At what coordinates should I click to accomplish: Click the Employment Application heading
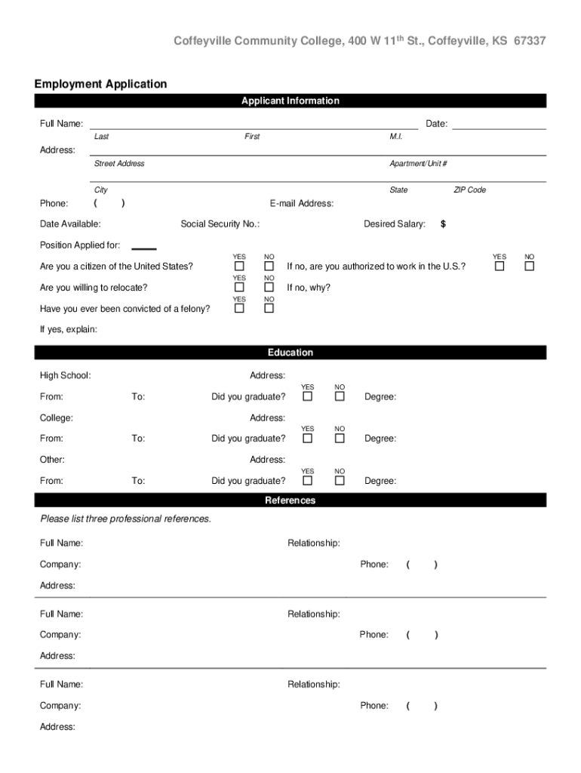100,84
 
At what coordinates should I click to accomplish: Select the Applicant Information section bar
290,101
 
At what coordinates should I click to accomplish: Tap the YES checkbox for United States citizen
239,266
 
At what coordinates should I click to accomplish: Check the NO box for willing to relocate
269,288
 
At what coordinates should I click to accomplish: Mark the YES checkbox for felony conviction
239,308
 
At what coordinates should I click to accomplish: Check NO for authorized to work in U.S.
529,266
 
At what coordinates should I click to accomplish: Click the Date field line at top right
499,124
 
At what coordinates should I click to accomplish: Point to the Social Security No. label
220,224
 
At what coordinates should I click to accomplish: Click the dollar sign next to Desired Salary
443,224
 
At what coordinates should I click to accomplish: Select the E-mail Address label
302,204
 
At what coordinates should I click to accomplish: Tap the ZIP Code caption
469,190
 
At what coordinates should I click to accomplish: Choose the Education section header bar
290,353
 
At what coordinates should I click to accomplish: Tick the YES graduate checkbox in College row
308,439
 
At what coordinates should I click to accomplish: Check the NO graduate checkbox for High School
340,396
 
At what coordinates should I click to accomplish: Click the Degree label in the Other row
380,481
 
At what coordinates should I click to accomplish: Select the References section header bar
290,500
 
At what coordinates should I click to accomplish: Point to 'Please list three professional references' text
126,519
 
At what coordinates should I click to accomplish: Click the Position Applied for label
80,245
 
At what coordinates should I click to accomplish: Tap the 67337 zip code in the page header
530,41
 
